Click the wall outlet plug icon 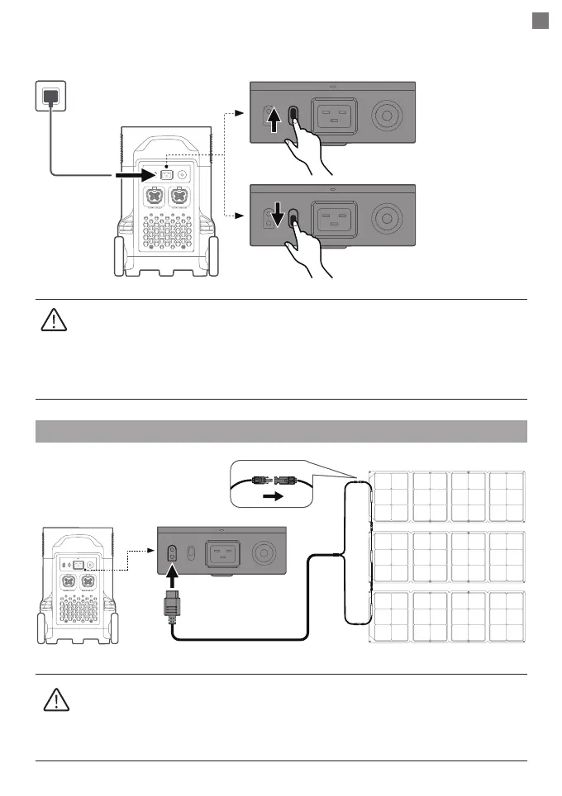(x=51, y=96)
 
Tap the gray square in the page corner (x=540, y=21)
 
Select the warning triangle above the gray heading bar (x=52, y=320)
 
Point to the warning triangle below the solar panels (x=54, y=700)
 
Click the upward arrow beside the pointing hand (x=276, y=126)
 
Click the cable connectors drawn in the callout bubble (x=272, y=478)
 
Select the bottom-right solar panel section (x=505, y=617)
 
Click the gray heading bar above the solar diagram (x=281, y=432)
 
